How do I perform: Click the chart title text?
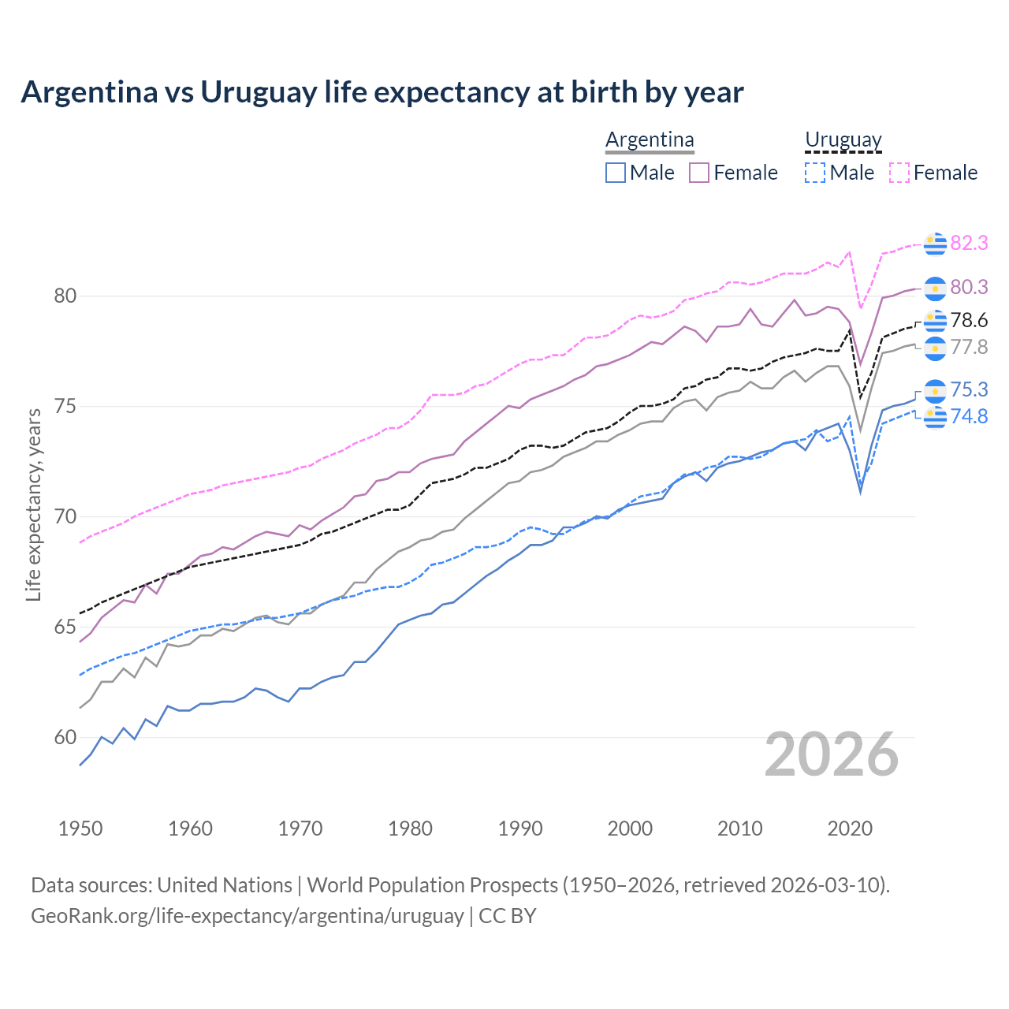point(382,92)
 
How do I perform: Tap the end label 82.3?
point(969,243)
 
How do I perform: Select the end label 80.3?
point(969,287)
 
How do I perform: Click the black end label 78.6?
point(969,320)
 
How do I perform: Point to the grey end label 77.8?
point(969,347)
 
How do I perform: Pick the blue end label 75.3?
point(969,389)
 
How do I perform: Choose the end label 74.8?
point(969,416)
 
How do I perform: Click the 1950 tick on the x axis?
point(80,828)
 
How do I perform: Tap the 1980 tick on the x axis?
point(410,828)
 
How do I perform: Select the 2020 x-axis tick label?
point(850,828)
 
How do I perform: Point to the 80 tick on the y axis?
point(65,296)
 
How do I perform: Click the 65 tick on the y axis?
point(65,627)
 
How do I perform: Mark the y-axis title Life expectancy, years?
point(33,504)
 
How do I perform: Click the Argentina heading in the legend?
point(650,140)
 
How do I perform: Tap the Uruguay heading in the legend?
point(843,140)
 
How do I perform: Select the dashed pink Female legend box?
point(899,173)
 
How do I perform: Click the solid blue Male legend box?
point(616,173)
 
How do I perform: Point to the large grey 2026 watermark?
point(832,754)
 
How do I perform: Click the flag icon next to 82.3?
point(935,244)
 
